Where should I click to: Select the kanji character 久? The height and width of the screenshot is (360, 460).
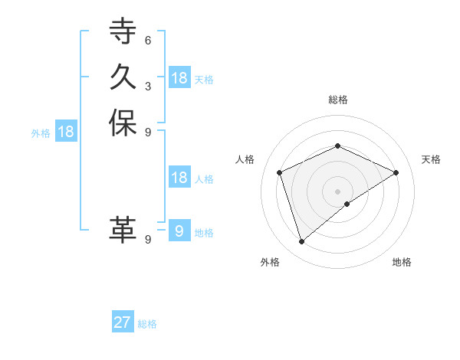[123, 77]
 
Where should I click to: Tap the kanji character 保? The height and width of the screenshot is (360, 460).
[123, 123]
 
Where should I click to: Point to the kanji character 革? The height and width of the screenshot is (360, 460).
[123, 230]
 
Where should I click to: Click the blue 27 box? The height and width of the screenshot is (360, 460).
[123, 322]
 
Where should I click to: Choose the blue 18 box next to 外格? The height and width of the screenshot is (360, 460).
[66, 132]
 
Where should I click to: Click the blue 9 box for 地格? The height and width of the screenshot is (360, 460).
[179, 231]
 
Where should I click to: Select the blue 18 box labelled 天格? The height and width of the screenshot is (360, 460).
[179, 78]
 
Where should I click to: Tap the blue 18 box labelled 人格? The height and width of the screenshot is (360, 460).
[179, 178]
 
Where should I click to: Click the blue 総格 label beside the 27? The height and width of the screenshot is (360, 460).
[147, 324]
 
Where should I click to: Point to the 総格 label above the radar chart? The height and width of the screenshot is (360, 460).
[338, 100]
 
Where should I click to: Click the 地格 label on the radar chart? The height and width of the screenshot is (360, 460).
[402, 262]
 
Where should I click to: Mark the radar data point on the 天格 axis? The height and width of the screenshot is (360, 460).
[396, 172]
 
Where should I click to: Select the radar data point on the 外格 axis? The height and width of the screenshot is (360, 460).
[302, 242]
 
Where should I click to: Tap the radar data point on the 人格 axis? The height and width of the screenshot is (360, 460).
[280, 172]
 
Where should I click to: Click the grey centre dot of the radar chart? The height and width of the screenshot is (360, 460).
[338, 191]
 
